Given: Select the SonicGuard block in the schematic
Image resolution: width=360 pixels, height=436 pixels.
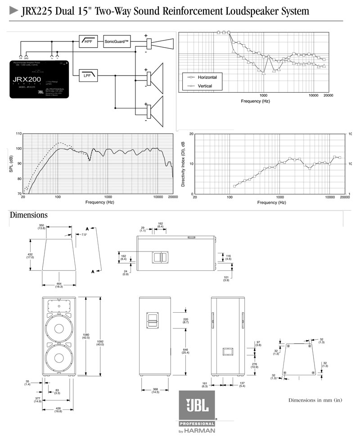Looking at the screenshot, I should pos(117,42).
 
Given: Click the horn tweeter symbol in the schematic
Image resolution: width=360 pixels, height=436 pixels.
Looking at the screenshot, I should pos(162,43).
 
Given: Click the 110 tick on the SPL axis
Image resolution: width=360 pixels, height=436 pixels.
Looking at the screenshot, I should pos(18,134).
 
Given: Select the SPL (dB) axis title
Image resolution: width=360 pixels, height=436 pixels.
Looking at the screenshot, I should pos(11,164).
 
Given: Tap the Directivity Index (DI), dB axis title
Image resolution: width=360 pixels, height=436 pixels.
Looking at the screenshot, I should pos(183,164).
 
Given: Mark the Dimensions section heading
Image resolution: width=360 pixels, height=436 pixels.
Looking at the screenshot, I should pos(28,216).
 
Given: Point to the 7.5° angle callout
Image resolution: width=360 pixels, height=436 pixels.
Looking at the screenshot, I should pos(84,234).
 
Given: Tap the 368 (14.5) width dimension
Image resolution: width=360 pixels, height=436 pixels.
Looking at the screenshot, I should pos(155,391).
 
